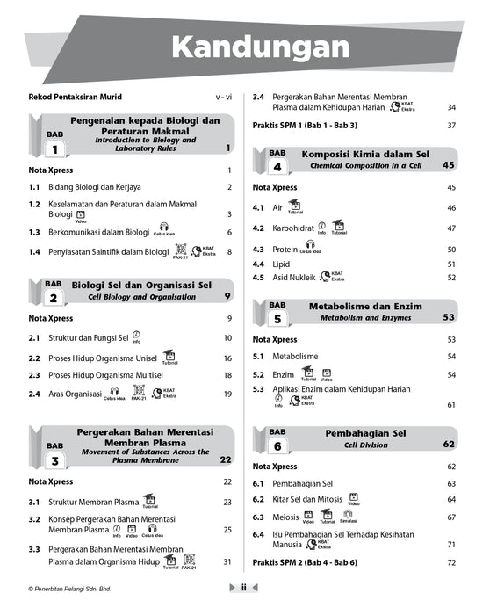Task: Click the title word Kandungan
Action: (x=259, y=46)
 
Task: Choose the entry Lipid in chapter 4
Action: (x=281, y=264)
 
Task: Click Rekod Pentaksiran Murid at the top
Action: (x=75, y=97)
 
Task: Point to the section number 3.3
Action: (x=34, y=549)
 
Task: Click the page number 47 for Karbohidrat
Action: (x=451, y=228)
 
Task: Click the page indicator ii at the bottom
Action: (x=243, y=588)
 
